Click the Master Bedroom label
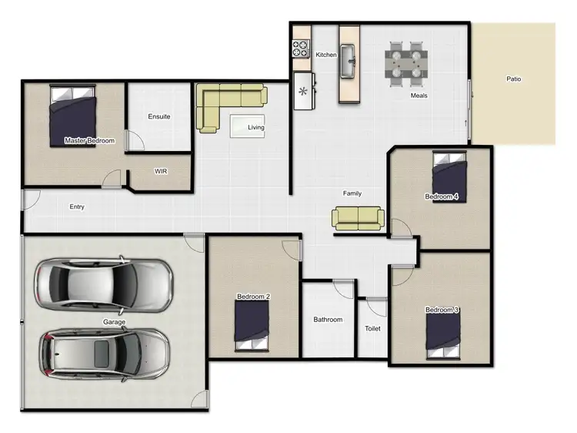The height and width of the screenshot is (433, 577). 89,141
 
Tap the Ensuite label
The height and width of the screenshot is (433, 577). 159,117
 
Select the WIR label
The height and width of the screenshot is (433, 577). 161,171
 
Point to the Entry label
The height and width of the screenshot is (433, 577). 77,206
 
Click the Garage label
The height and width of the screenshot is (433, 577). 114,322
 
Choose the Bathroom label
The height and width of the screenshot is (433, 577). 328,320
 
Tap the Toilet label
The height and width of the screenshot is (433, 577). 372,329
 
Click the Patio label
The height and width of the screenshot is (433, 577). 514,79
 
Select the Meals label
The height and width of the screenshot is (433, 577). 419,96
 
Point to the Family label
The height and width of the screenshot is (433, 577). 352,193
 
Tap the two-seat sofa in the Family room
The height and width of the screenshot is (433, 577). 358,218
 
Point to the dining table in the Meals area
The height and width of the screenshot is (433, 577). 406,61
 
